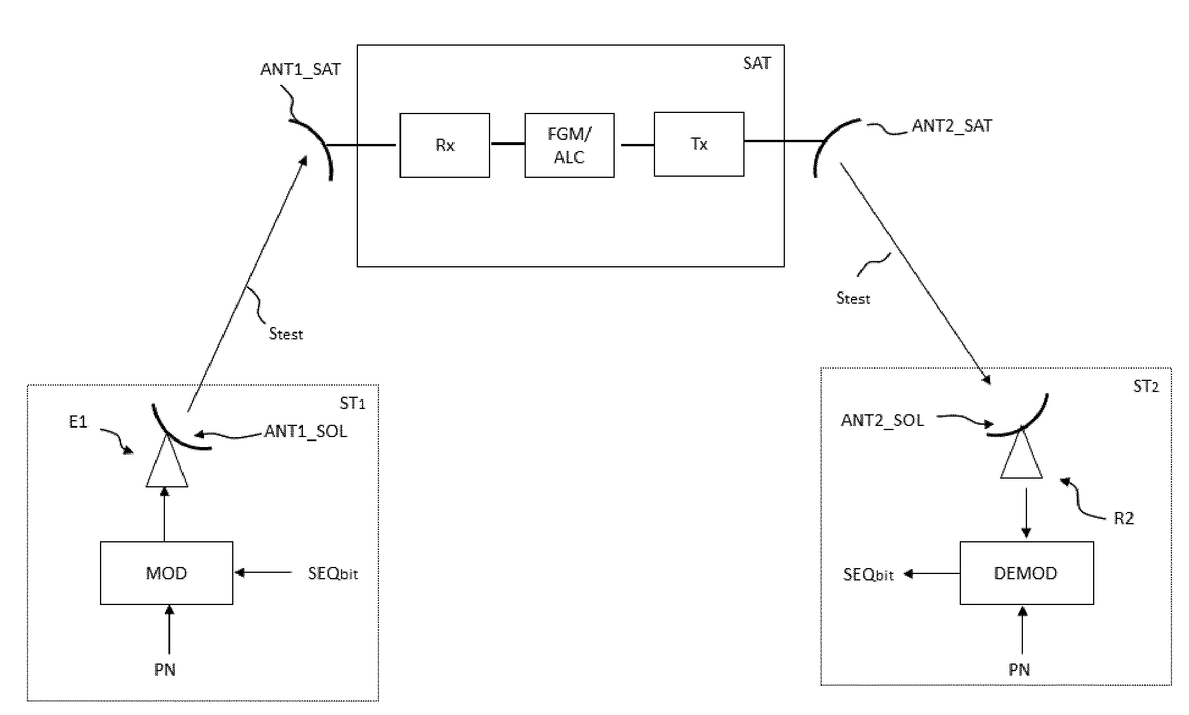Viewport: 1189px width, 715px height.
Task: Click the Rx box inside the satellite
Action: [444, 145]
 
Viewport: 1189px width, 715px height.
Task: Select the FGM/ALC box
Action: [569, 145]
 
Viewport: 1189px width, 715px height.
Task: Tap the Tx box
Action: [699, 144]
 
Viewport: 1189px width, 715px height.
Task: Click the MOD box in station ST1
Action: [167, 573]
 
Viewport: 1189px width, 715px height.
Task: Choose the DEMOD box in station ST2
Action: [1026, 573]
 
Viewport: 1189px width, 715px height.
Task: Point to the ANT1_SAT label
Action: [301, 69]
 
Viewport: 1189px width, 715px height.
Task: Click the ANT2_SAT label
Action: [952, 126]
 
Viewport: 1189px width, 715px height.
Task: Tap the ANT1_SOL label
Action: [306, 432]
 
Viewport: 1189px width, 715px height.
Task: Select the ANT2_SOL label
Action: [883, 420]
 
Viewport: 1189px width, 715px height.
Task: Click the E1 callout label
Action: [78, 422]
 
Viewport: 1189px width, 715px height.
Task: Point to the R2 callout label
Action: [1123, 518]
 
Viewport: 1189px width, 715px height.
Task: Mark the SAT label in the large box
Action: [757, 63]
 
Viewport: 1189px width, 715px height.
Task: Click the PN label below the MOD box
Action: [165, 669]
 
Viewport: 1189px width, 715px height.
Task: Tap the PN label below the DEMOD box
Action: [1019, 669]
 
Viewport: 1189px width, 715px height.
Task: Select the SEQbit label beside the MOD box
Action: [333, 573]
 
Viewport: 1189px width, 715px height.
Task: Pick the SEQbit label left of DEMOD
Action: [869, 575]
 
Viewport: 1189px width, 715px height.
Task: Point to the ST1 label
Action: [352, 403]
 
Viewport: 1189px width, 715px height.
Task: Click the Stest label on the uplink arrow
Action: [286, 334]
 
